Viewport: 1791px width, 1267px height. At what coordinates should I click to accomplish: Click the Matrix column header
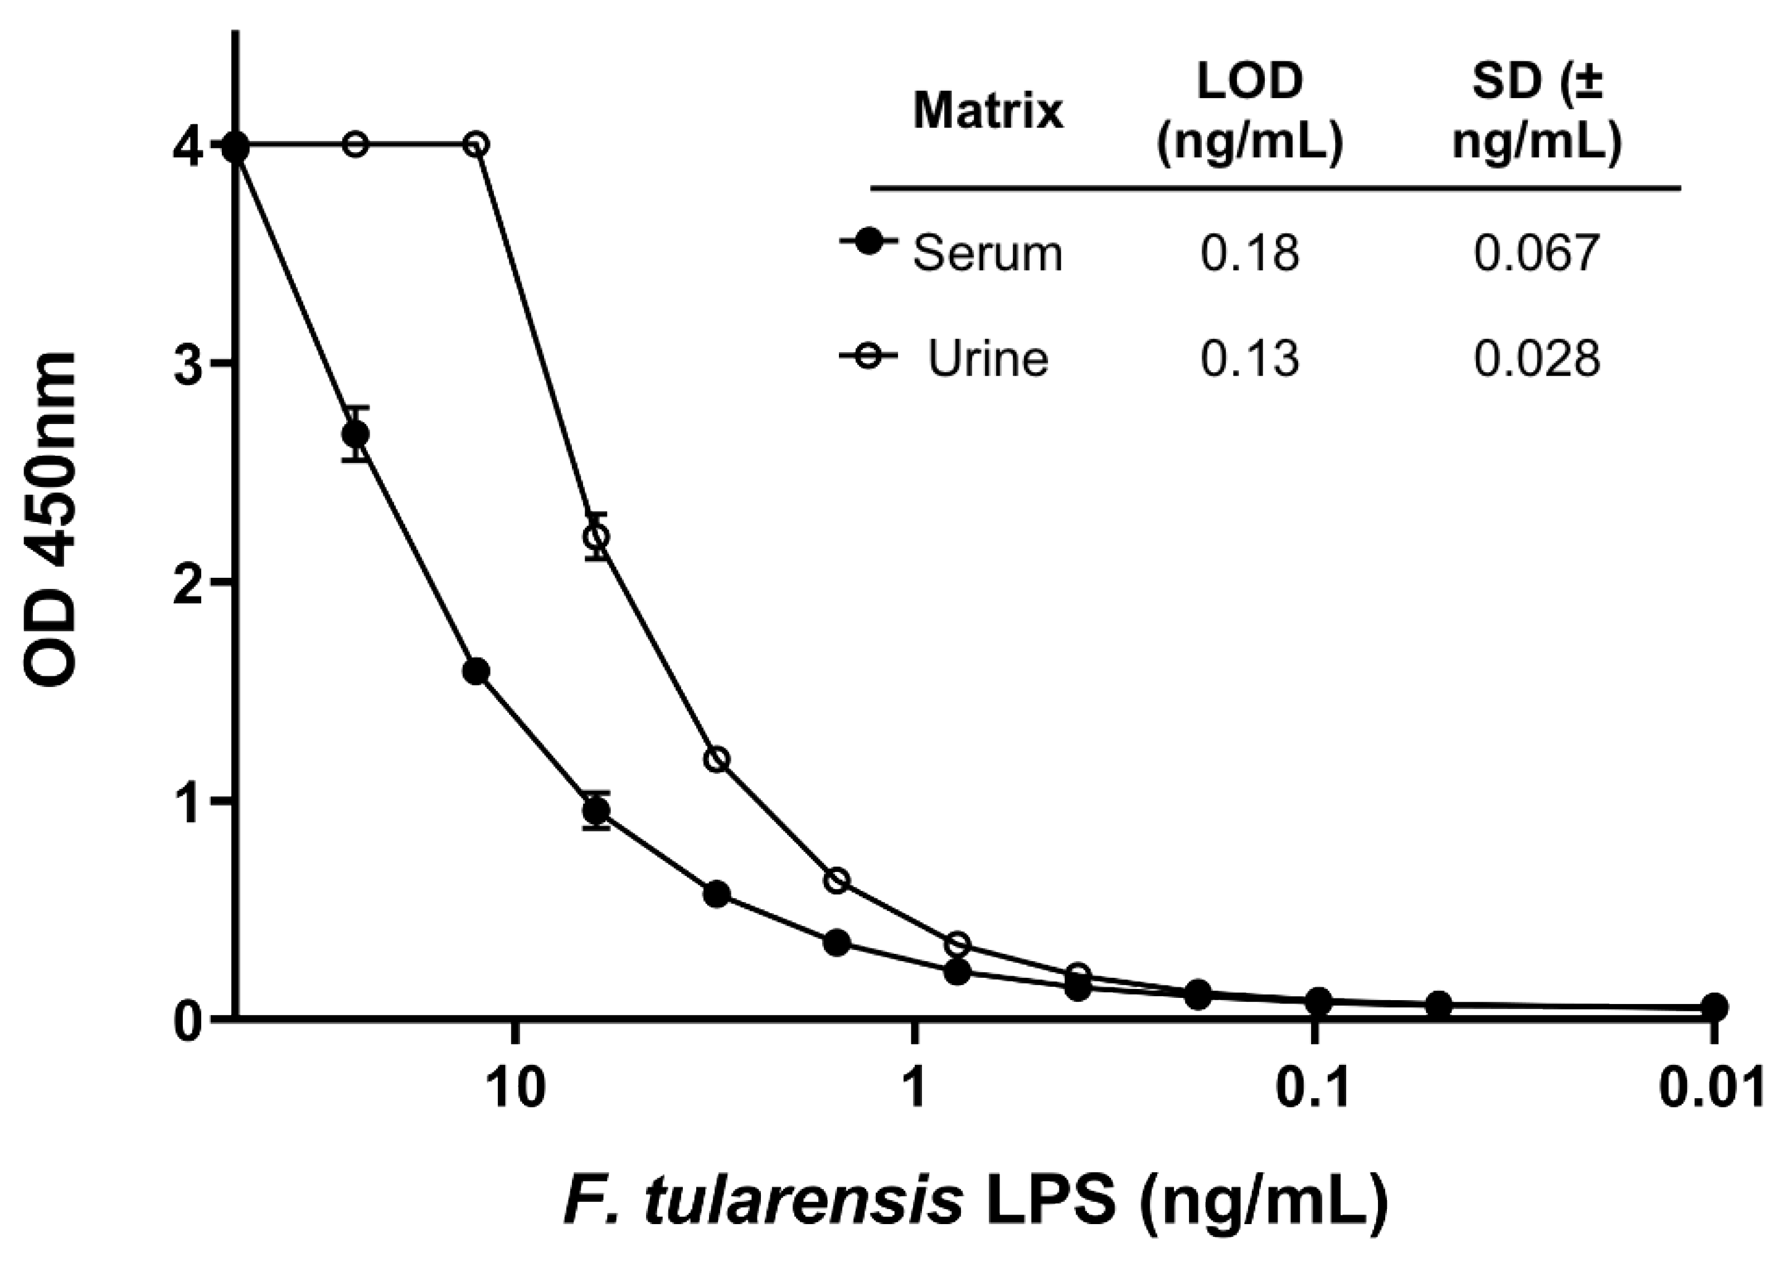(x=988, y=111)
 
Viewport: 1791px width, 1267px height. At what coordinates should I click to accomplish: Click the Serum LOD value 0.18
(x=1249, y=254)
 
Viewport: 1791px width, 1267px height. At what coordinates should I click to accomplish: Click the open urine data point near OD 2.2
(x=597, y=537)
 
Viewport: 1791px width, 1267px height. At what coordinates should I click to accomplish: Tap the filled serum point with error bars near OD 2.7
(x=356, y=435)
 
